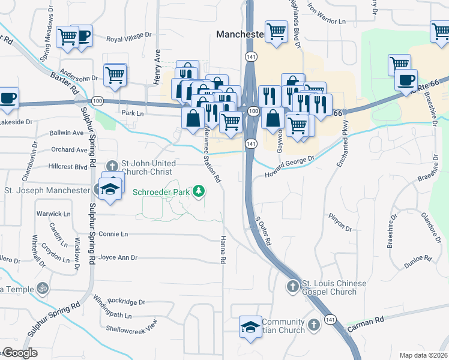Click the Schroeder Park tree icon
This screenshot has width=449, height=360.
click(x=199, y=192)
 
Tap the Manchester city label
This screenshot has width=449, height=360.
click(x=240, y=35)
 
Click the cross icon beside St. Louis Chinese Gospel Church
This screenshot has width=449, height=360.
click(x=292, y=286)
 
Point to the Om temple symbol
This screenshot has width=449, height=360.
click(x=42, y=289)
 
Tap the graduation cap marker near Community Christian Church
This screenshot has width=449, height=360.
click(x=251, y=327)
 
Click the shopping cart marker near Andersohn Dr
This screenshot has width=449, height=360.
click(x=115, y=75)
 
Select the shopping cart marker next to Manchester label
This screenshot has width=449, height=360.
click(x=276, y=31)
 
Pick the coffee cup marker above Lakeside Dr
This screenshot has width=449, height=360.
click(x=8, y=98)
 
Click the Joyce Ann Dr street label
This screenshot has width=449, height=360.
click(x=118, y=257)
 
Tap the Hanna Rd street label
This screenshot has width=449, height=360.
click(x=223, y=251)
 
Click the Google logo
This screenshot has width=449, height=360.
click(x=19, y=353)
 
